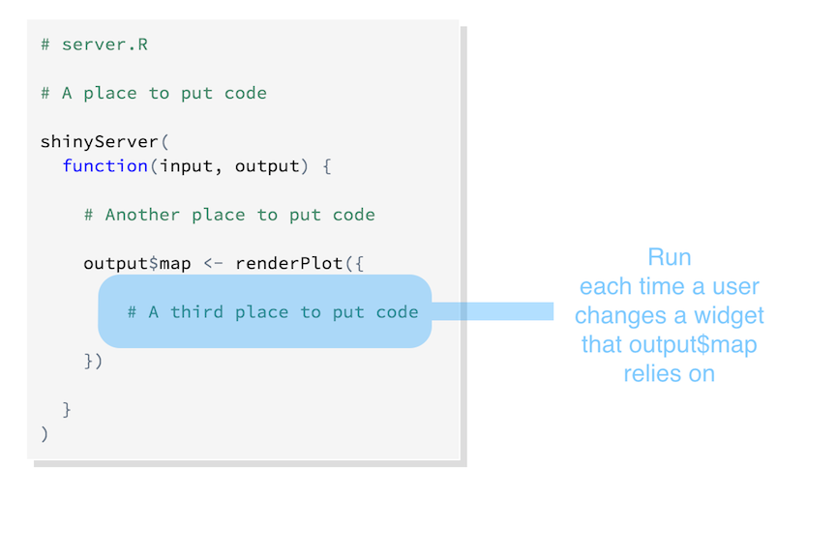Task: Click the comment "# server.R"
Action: pos(95,44)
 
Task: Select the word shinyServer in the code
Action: pos(99,142)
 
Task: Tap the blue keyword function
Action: pos(105,165)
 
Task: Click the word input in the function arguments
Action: pos(186,166)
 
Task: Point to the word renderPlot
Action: pos(289,263)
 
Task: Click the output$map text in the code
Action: pos(137,263)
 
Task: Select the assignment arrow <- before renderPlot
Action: pos(213,263)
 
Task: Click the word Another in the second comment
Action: pos(142,215)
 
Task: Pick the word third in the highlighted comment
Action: pos(196,311)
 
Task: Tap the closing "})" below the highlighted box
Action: pos(93,361)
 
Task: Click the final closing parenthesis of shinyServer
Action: pos(45,434)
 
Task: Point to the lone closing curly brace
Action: pos(67,409)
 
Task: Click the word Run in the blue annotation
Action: pos(670,257)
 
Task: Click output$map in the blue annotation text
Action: pos(693,345)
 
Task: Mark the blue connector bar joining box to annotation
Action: pos(493,311)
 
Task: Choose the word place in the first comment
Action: pos(110,94)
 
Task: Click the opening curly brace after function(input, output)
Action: pos(327,166)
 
